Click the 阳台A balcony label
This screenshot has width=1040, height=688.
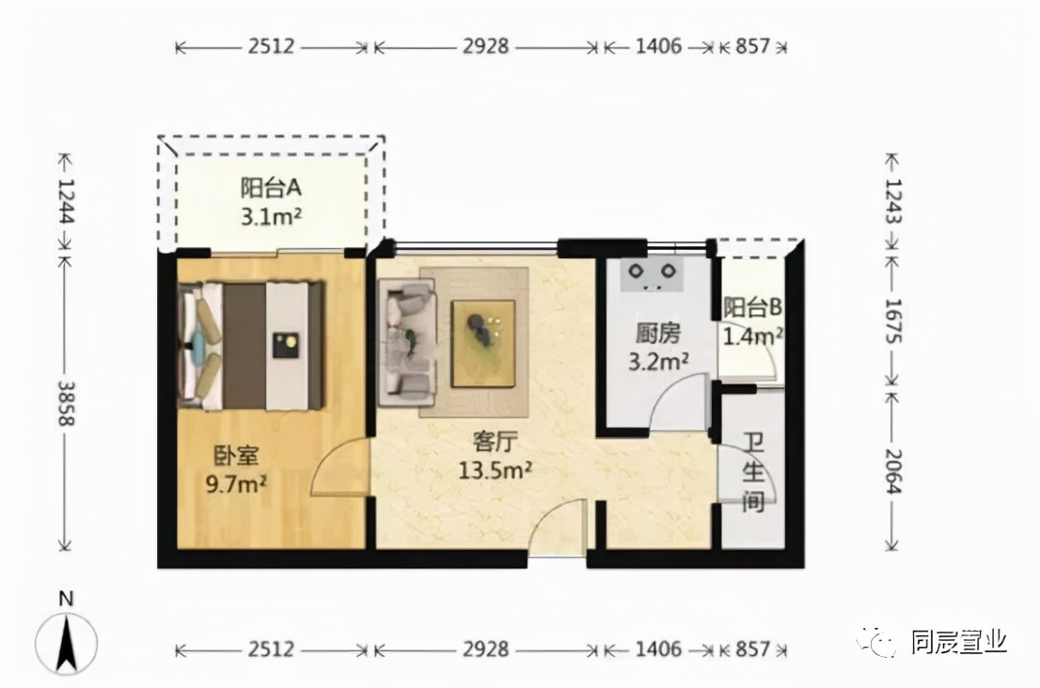(271, 188)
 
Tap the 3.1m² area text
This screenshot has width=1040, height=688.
(271, 217)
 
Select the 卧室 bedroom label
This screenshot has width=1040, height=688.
(236, 455)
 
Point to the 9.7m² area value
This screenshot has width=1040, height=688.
(236, 484)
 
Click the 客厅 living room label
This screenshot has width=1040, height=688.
(494, 442)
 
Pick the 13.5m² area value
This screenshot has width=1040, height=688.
(495, 470)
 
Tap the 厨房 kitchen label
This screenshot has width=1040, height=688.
(658, 334)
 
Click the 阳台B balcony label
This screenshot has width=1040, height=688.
(752, 307)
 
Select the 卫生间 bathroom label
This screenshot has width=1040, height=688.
(753, 473)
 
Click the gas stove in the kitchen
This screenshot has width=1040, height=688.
(652, 274)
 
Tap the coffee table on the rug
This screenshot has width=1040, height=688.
(483, 343)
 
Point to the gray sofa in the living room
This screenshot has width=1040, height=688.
(407, 342)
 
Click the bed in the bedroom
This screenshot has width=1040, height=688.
(252, 345)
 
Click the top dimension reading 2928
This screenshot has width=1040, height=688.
(485, 46)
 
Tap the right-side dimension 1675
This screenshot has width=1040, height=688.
(893, 321)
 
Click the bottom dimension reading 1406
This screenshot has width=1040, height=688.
(658, 649)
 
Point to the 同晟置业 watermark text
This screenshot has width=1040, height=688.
(959, 642)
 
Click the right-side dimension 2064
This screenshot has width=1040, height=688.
(893, 471)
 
